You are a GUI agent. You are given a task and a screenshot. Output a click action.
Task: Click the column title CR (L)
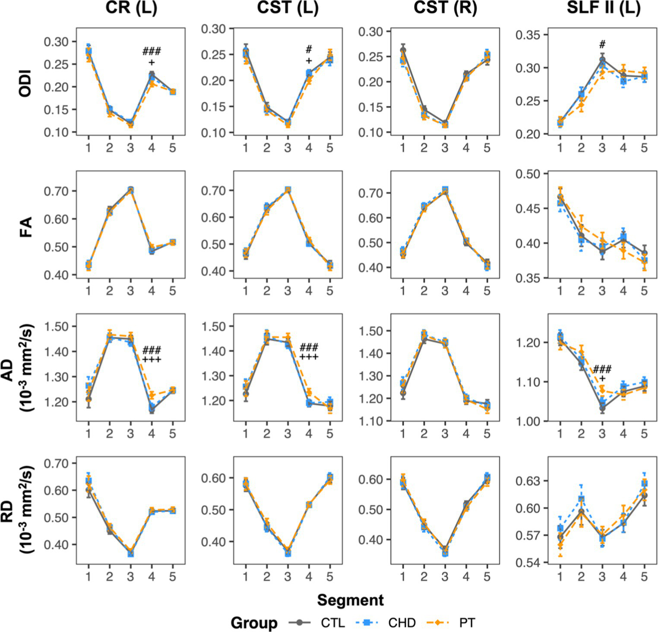[131, 8]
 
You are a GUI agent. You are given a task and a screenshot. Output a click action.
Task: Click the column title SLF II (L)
[603, 8]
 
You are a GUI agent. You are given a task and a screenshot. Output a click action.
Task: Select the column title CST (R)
[445, 8]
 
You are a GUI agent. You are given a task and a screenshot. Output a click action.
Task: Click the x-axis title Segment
[350, 600]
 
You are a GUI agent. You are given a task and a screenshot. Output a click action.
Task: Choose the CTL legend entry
[332, 623]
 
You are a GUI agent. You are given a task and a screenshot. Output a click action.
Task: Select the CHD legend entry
[402, 623]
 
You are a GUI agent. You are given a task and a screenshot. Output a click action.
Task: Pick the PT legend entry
[467, 623]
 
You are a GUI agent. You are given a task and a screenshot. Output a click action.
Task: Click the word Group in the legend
[254, 623]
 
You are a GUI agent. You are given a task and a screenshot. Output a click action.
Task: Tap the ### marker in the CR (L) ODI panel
[152, 52]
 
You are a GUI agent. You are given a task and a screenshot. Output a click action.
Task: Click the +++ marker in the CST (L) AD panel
[309, 357]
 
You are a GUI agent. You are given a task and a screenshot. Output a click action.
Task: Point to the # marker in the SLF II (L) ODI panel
[602, 44]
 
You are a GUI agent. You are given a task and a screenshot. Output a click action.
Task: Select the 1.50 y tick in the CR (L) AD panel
[57, 326]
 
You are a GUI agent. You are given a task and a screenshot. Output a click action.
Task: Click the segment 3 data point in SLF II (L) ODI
[602, 60]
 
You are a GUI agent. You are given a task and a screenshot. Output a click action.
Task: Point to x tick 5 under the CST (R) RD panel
[487, 577]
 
